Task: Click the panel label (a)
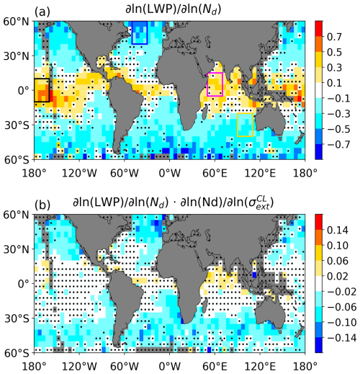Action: pyautogui.click(x=42, y=12)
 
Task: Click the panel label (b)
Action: pyautogui.click(x=42, y=205)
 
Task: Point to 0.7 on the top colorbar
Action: pyautogui.click(x=334, y=37)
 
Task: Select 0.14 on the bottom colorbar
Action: pyautogui.click(x=338, y=230)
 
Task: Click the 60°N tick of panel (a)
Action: pyautogui.click(x=16, y=22)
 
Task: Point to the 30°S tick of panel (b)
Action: pyautogui.click(x=17, y=319)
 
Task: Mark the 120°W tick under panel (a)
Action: pyautogui.click(x=79, y=173)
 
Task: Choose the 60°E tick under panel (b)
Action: pyautogui.click(x=215, y=366)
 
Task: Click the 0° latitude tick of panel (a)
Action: pyautogui.click(x=24, y=91)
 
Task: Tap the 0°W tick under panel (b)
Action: pyautogui.click(x=170, y=366)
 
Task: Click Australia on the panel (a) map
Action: pyautogui.click(x=270, y=121)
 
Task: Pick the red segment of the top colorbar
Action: pyautogui.click(x=319, y=29)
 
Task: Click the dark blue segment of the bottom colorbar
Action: pyautogui.click(x=319, y=345)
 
